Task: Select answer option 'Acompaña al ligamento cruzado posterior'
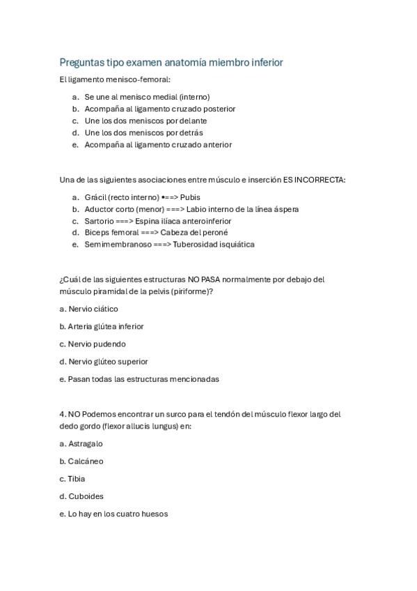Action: [159, 109]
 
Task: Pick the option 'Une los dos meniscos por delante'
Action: [145, 121]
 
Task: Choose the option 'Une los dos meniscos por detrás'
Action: [143, 132]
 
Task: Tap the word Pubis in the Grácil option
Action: [190, 197]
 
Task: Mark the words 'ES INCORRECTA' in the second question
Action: [313, 180]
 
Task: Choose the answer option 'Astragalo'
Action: [85, 443]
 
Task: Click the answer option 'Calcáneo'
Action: [86, 461]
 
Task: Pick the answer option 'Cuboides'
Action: [86, 496]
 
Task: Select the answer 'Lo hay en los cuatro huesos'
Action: [118, 514]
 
